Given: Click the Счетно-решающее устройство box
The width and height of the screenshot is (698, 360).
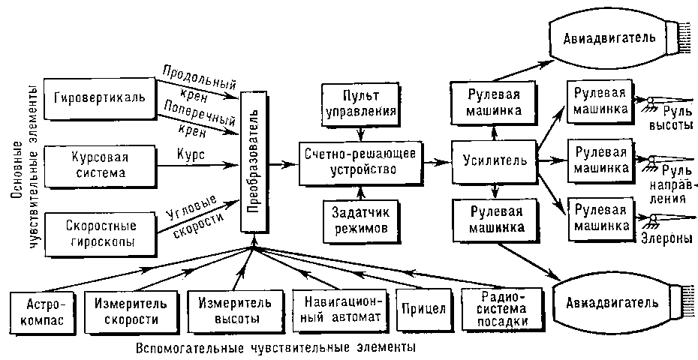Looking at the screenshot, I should point(360,162).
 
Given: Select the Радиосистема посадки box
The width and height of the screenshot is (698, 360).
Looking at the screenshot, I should point(503,307).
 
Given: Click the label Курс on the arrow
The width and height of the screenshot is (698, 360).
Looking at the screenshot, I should point(193,151).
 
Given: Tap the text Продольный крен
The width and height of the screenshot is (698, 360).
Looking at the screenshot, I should point(191,82).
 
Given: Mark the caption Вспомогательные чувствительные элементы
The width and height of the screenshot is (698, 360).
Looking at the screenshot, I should point(276,349).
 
